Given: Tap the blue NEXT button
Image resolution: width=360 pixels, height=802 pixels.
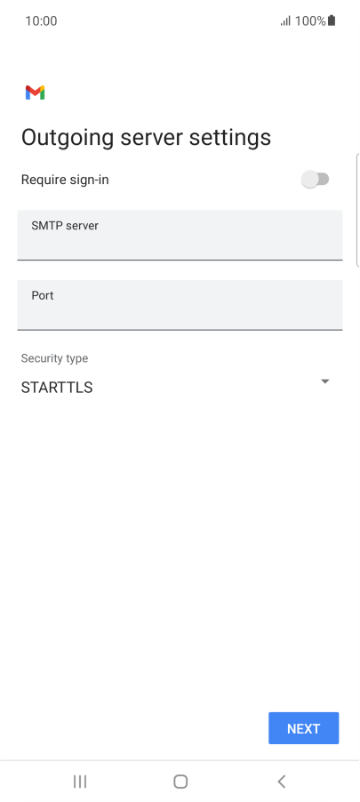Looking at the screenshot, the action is point(303,728).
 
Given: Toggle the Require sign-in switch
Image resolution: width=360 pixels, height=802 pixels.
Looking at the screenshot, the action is point(315,180).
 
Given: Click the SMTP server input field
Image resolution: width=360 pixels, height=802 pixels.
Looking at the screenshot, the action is point(180,235).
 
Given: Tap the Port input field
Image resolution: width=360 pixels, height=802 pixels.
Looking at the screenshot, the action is point(180,305).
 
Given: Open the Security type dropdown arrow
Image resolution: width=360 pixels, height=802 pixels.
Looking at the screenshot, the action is point(324,381).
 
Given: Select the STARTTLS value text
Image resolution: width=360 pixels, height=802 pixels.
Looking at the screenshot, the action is point(57,388).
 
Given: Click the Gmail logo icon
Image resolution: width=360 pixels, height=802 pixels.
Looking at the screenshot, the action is point(35,92).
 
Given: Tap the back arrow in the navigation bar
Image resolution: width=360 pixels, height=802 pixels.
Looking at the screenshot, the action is point(281,781).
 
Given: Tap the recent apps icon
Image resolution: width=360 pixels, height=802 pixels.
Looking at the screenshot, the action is point(80,781).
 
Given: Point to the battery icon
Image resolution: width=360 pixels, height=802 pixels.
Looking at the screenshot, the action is point(332,20).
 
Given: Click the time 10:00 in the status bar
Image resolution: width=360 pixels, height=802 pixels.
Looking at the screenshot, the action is point(41,21).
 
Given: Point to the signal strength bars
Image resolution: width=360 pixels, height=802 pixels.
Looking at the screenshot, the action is point(285,21).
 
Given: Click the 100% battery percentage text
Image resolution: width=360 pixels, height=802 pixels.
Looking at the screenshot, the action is point(310,21).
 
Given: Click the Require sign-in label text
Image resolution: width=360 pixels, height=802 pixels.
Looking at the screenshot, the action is point(65,180).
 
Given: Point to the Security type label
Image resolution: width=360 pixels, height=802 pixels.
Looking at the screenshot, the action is point(54,358).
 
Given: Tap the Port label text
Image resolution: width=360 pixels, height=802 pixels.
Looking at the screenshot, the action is point(43,295).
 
